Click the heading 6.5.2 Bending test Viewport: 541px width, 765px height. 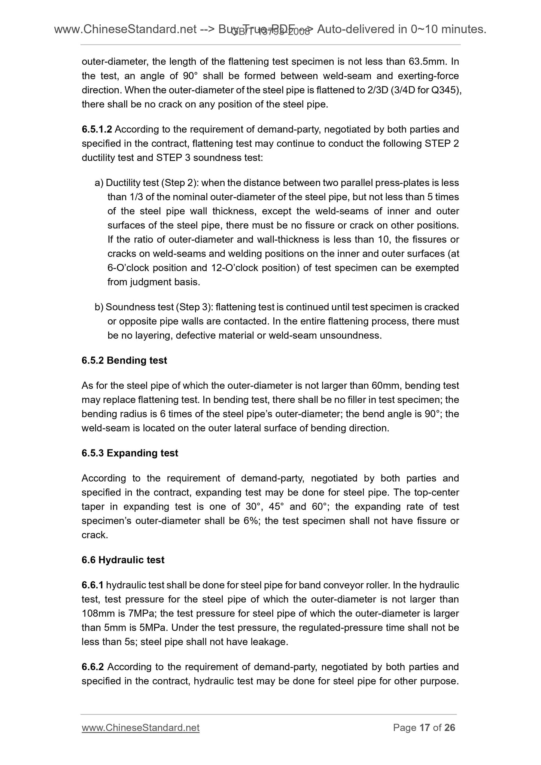tap(124, 360)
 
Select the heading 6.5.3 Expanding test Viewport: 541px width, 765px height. tap(130, 453)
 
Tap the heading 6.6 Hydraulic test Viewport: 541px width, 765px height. tap(123, 560)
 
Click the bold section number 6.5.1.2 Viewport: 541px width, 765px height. tap(97, 129)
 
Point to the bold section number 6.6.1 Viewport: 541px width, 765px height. tap(92, 585)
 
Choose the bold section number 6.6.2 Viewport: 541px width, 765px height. tap(92, 667)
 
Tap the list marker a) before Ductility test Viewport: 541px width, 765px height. tap(99, 183)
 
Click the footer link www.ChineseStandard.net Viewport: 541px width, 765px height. tap(140, 728)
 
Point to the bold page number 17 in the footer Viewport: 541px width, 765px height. tap(424, 728)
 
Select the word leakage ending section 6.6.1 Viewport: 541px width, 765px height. tap(268, 642)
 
